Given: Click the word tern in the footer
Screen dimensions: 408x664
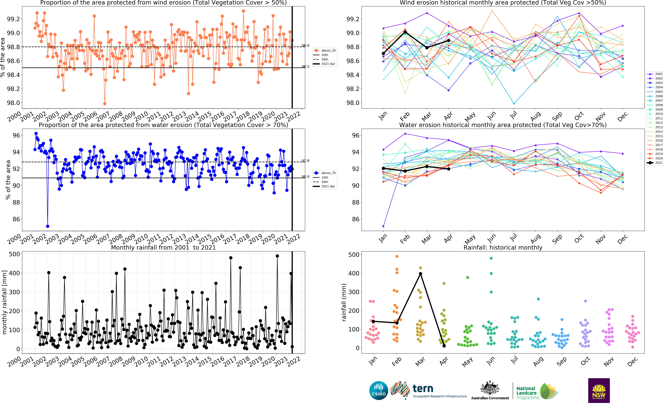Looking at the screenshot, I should pyautogui.click(x=423, y=389).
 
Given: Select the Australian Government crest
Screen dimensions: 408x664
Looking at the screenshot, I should pyautogui.click(x=490, y=388).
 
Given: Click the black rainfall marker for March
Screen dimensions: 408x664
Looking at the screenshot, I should pyautogui.click(x=420, y=274).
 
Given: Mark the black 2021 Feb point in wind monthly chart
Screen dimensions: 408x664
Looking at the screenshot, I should pyautogui.click(x=405, y=32).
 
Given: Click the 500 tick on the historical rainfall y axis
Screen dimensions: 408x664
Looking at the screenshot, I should pyautogui.click(x=354, y=254).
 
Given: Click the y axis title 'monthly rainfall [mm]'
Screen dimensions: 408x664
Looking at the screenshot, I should pyautogui.click(x=4, y=302).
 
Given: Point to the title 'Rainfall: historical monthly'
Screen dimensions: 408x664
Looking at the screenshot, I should pyautogui.click(x=503, y=247).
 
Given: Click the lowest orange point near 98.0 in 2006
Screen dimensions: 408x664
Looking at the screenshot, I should pyautogui.click(x=105, y=104).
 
